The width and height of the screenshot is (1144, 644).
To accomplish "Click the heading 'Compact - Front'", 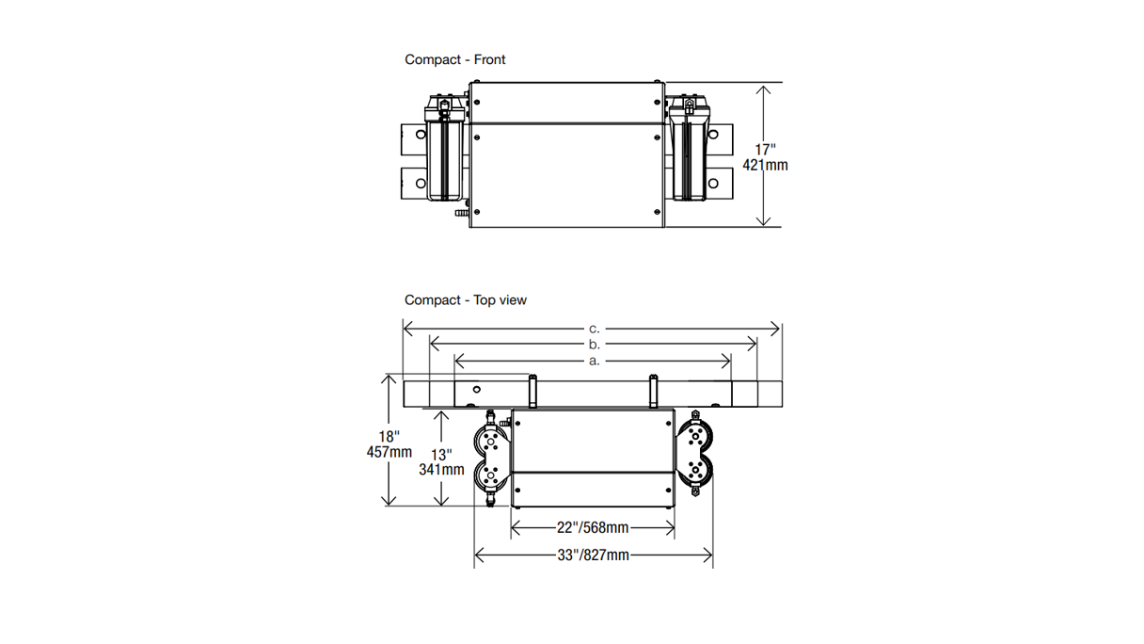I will [x=454, y=59].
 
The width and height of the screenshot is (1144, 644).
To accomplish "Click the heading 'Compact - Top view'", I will [x=466, y=300].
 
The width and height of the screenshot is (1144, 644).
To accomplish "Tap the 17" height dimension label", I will [x=765, y=149].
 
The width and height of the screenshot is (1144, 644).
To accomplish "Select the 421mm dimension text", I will [x=765, y=165].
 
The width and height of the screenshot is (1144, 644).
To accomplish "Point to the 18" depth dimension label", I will [x=389, y=436].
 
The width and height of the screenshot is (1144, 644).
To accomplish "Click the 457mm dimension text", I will [x=389, y=452].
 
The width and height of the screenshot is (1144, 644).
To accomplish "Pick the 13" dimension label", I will [x=441, y=454].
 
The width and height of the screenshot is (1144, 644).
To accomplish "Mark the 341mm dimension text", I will [x=441, y=469].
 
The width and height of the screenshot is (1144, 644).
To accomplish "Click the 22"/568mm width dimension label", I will [x=593, y=528].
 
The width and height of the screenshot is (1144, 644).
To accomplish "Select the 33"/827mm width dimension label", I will [x=593, y=555].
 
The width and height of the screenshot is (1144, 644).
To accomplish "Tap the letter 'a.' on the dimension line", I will [x=594, y=361].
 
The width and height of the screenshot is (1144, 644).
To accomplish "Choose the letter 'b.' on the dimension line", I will [x=594, y=345].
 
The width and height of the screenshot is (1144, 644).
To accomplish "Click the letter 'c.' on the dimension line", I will [x=594, y=329].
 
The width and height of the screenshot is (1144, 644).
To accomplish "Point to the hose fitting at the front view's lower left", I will [x=460, y=217].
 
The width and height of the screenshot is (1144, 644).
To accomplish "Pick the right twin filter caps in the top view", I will [x=698, y=456].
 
